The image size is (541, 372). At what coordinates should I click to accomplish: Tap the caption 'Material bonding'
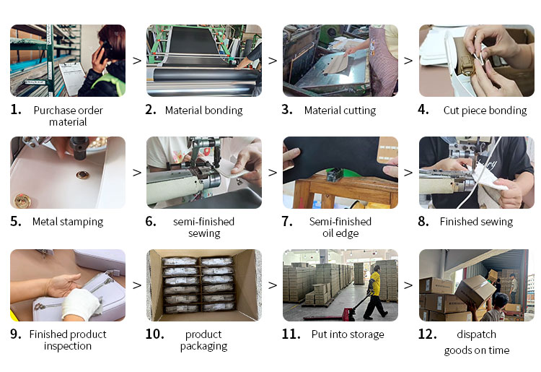[203, 111]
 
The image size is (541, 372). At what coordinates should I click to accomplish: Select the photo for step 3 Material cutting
[340, 61]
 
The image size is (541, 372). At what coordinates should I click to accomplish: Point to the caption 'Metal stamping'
[68, 222]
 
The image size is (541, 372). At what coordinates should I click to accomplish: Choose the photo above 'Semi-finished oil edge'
[340, 173]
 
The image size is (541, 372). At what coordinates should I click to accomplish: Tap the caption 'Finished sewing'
[476, 222]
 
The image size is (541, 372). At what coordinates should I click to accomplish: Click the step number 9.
[16, 334]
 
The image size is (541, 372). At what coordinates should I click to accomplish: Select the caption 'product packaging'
[203, 340]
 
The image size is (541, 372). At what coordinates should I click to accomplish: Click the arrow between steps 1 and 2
[136, 61]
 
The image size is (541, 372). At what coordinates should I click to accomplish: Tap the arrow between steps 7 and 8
[408, 173]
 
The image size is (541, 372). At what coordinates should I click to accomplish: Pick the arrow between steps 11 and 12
[408, 285]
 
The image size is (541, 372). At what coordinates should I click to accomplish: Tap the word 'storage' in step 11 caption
[366, 334]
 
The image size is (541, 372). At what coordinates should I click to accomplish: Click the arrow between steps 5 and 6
[136, 173]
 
